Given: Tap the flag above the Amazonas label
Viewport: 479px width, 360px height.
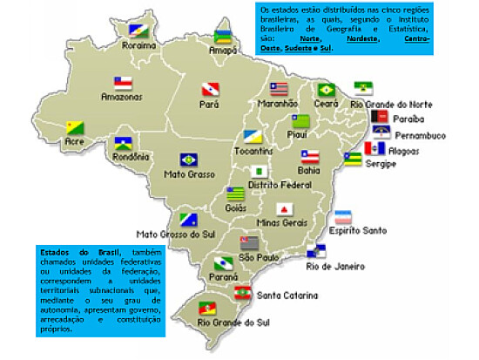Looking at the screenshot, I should [x=123, y=85].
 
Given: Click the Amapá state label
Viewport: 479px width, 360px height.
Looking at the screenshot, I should [x=223, y=51].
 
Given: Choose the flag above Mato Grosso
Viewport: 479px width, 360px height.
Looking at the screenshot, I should [x=188, y=160].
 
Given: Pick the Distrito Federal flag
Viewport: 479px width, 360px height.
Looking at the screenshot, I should [x=259, y=172].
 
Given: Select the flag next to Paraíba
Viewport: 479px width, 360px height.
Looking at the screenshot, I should [x=379, y=116].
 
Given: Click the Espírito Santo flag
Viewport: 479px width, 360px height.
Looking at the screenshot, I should [x=344, y=217].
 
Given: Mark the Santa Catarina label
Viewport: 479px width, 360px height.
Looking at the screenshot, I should [x=287, y=295].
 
